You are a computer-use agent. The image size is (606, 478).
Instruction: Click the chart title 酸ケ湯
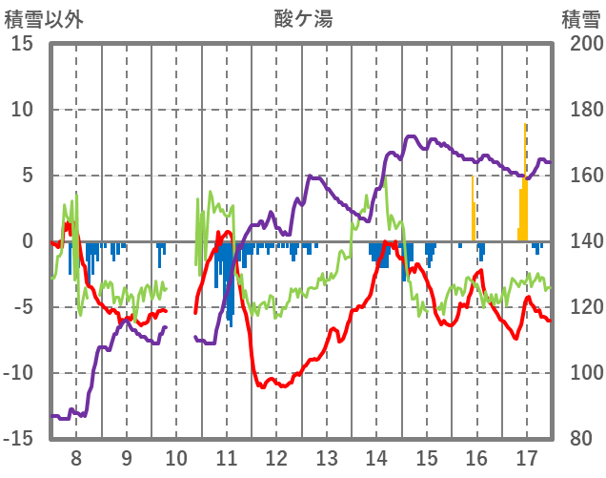304,18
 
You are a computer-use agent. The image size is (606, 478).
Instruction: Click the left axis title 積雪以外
44,18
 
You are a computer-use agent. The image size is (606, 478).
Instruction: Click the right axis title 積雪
579,18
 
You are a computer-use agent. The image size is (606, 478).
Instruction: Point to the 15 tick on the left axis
22,44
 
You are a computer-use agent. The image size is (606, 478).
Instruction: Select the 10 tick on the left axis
22,110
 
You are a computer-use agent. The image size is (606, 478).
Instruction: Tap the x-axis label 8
76,458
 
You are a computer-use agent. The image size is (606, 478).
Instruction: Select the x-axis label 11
226,458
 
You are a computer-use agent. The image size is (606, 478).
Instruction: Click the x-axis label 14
375,458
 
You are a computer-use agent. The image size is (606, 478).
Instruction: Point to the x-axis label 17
526,458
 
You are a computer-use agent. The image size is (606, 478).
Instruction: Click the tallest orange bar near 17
525,181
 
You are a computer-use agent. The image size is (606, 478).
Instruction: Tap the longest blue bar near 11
230,282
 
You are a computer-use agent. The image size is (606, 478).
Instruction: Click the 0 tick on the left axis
28,241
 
